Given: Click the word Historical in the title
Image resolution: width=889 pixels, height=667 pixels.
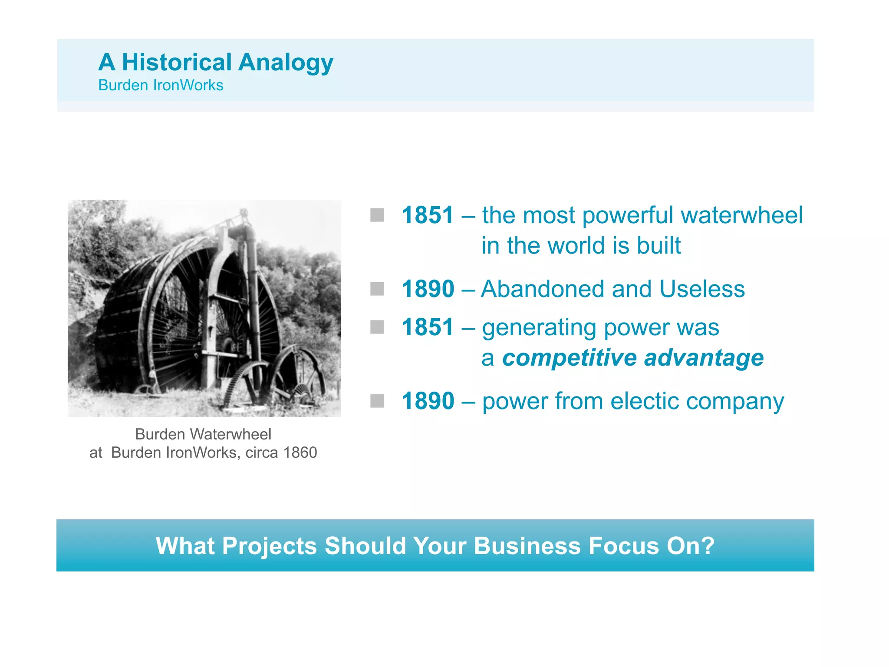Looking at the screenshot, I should [x=177, y=62].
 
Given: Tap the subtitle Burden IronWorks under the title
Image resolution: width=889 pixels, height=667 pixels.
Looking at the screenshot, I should [x=161, y=85].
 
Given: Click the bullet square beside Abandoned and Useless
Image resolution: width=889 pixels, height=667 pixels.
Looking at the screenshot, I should [x=377, y=289].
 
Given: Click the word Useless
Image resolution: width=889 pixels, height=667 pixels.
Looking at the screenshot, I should [x=702, y=289].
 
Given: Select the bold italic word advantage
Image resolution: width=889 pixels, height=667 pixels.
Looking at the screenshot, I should [x=704, y=358].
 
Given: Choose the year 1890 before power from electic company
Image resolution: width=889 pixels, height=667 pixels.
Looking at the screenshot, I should [x=428, y=401].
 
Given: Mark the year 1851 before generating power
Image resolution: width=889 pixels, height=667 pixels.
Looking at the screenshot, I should [x=428, y=327].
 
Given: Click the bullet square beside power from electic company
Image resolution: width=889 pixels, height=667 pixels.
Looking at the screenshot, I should [x=377, y=401].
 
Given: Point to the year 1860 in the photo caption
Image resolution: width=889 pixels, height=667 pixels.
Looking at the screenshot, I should [x=300, y=452].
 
